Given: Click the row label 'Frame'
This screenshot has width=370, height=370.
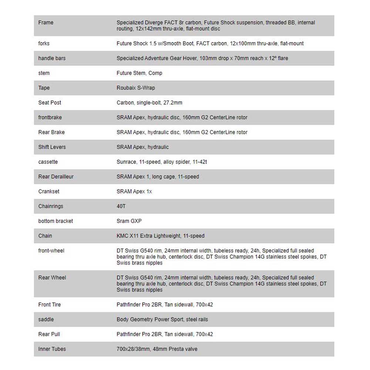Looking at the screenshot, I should click(46, 23).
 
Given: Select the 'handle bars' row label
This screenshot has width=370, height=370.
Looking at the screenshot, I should click(52, 58).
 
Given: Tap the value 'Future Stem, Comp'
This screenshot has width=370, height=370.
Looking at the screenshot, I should click(139, 73).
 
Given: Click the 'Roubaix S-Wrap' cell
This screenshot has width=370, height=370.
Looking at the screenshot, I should click(136, 88).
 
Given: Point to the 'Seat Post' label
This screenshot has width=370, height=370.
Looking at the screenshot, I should click(50, 102).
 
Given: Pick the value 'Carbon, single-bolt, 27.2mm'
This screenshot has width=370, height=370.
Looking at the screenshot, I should click(149, 102).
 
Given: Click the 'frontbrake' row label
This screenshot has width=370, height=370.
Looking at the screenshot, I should click(50, 117).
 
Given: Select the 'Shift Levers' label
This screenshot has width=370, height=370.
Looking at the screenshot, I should click(52, 147).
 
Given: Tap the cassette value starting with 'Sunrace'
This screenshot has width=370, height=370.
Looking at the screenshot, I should click(159, 162).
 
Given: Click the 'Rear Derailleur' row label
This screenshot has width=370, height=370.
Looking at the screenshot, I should click(56, 176).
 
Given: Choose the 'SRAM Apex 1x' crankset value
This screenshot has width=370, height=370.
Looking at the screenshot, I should click(134, 191).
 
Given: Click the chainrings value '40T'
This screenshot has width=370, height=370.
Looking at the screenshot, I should click(121, 206).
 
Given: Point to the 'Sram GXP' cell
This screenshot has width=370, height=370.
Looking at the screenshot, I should click(129, 221).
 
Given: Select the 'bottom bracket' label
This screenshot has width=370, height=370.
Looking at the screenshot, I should click(55, 221).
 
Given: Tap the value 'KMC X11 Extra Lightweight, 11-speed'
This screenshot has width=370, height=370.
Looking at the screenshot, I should click(161, 236).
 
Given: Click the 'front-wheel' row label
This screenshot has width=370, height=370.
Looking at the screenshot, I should click(51, 250).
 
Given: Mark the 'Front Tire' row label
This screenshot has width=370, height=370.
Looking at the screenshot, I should click(50, 305).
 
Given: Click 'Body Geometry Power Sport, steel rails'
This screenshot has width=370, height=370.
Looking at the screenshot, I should click(162, 319).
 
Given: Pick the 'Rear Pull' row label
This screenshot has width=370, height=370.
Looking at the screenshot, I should click(49, 334).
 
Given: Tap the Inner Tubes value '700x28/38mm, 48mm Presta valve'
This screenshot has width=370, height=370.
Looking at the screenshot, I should click(157, 349).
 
